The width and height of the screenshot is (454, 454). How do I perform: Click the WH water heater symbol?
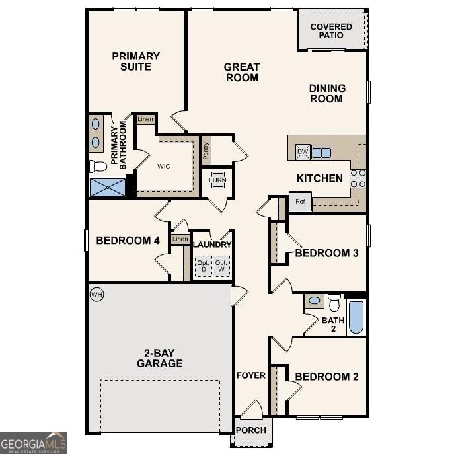pos(96,294)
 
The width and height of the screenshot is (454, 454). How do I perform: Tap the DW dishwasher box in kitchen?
pos(301,152)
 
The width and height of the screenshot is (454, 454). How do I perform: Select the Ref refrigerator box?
pos(299,202)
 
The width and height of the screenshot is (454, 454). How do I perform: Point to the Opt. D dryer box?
pos(202,266)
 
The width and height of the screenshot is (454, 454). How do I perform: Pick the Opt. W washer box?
pos(222,266)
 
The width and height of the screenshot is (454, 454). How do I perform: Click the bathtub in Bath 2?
pos(356,318)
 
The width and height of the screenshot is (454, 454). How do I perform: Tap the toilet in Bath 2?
pos(334,303)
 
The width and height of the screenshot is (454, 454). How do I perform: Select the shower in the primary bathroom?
pos(107,187)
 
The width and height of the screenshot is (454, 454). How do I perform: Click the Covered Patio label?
pos(332,30)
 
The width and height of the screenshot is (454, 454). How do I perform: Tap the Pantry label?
pos(206,153)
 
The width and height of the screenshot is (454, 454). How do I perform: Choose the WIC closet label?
pos(164,166)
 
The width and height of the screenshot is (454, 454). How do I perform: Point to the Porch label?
pos(252,430)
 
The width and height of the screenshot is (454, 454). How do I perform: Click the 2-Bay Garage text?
pos(160,358)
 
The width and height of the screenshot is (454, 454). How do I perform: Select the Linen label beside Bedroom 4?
pos(180,239)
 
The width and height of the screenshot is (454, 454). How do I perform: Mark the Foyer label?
pos(251,375)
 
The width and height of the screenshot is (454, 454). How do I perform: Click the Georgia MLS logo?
pos(33,442)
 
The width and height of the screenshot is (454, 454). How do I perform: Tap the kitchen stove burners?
pos(358,178)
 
